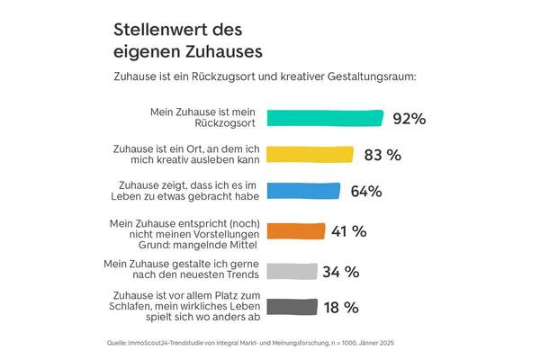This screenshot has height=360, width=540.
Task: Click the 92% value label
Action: click(x=409, y=118)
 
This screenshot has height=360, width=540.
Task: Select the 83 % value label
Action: click(x=382, y=154)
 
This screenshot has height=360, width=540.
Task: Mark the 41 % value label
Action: click(x=349, y=231)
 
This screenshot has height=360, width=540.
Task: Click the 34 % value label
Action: click(x=342, y=272)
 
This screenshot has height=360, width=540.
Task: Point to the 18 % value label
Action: click(x=342, y=307)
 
